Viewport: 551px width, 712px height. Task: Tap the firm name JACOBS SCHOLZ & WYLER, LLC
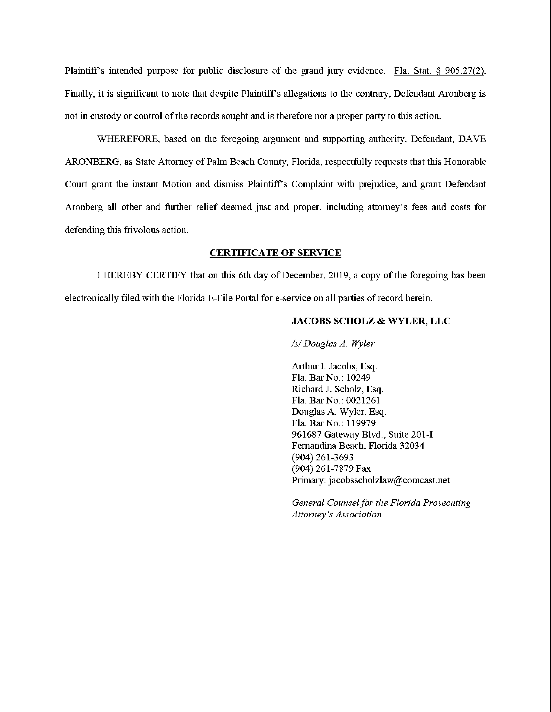pyautogui.click(x=371, y=321)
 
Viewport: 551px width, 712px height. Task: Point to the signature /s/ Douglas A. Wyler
pyautogui.click(x=333, y=344)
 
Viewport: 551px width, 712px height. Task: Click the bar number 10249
pyautogui.click(x=358, y=378)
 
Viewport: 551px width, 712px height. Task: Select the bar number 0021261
pyautogui.click(x=363, y=400)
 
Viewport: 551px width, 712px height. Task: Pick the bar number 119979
pyautogui.click(x=361, y=423)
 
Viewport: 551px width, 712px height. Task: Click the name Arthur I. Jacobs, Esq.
pyautogui.click(x=334, y=366)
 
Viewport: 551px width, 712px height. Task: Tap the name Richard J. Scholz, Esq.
pyautogui.click(x=337, y=389)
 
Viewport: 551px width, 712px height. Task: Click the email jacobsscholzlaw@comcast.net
pyautogui.click(x=389, y=480)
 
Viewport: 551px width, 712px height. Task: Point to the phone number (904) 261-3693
pyautogui.click(x=323, y=457)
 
